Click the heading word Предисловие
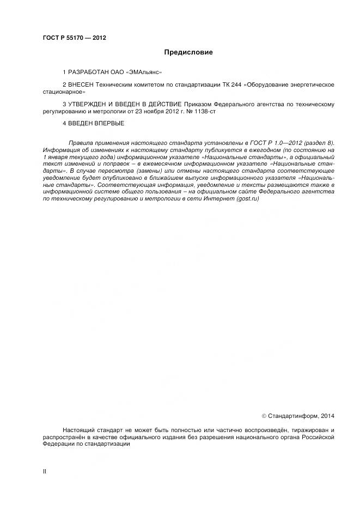[x=188, y=53]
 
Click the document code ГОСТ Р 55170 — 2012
[x=74, y=38]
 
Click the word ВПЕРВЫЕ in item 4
[x=110, y=124]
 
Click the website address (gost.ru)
[x=248, y=199]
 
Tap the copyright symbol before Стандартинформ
[x=264, y=416]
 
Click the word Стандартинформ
[x=293, y=416]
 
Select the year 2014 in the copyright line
[x=328, y=416]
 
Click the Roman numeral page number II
[x=45, y=471]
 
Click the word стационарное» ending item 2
[x=64, y=92]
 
